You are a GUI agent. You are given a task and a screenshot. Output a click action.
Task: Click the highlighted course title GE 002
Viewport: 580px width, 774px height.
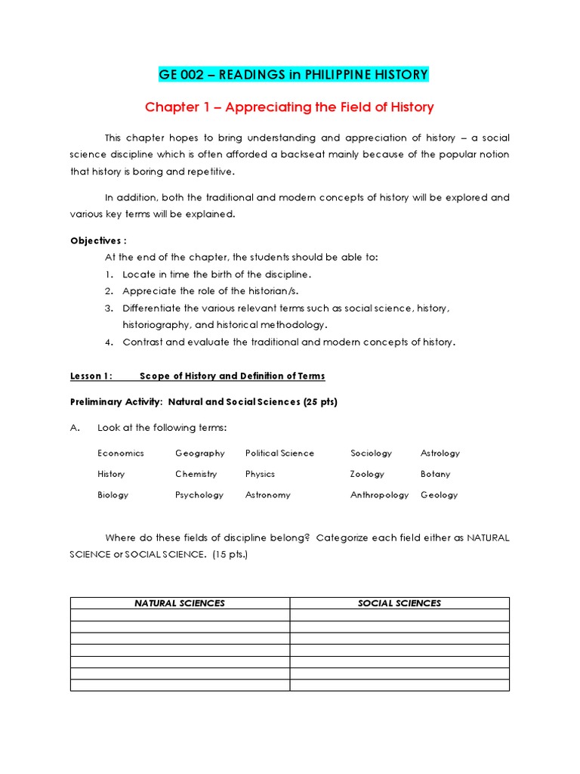tap(293, 74)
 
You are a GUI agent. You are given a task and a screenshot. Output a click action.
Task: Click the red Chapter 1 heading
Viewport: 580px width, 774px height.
tap(289, 107)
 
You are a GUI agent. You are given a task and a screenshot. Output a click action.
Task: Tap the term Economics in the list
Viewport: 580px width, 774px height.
tap(120, 454)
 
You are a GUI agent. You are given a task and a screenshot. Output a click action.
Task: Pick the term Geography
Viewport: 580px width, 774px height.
tap(199, 454)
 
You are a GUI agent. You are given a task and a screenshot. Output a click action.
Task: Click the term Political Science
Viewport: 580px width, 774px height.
tap(279, 454)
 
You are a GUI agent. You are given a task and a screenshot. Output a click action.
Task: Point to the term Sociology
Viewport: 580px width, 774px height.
tap(371, 454)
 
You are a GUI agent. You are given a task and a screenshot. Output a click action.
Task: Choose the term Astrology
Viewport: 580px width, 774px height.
tap(440, 454)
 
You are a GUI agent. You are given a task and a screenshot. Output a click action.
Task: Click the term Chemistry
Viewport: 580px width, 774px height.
tap(196, 474)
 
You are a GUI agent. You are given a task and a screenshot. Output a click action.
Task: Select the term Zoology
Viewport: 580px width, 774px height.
tap(367, 474)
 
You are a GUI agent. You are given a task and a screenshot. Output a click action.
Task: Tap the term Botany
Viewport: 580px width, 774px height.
tap(435, 474)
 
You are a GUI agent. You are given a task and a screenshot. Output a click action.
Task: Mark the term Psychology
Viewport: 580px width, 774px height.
tap(199, 495)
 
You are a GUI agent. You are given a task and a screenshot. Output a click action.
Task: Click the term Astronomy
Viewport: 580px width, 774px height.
tap(267, 495)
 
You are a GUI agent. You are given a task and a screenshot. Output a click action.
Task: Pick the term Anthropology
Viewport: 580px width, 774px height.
tap(379, 495)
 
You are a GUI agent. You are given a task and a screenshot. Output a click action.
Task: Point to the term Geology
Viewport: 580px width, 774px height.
tap(439, 495)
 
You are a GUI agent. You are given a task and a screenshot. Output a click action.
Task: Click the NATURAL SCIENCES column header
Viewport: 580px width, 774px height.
tap(180, 603)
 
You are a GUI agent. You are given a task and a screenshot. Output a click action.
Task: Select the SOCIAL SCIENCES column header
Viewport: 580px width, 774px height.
tap(400, 603)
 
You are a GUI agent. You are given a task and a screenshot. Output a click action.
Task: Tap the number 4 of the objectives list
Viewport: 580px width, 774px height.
tap(109, 342)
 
